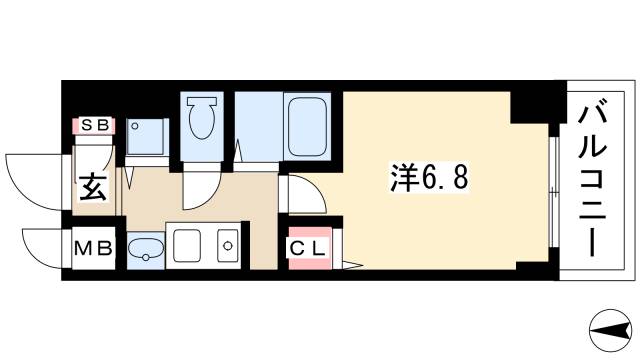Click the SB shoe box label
95,126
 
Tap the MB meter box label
95,246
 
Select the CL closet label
308,246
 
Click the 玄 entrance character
95,187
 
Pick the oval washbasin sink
146,249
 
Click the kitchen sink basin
185,245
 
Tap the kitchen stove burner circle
227,245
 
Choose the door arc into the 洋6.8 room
300,190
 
